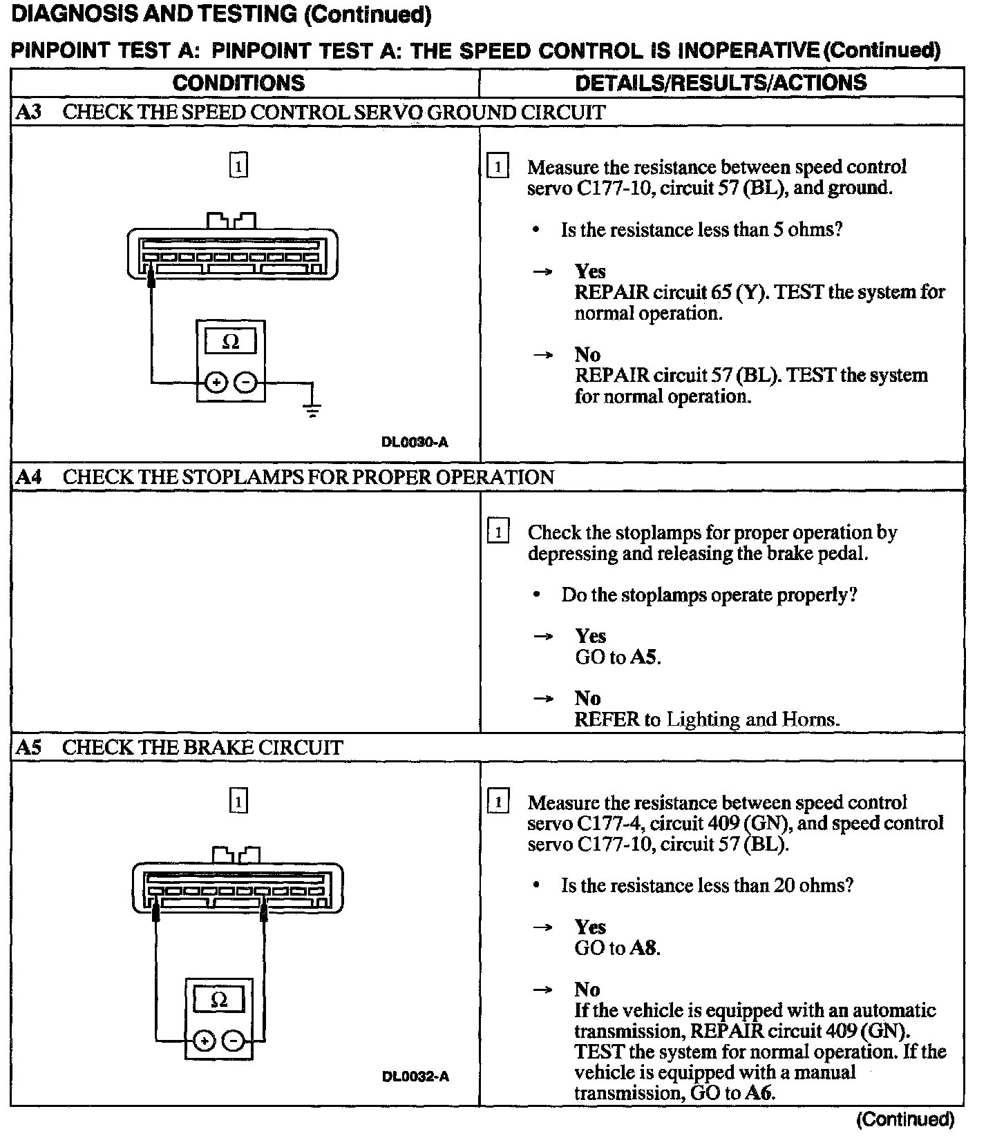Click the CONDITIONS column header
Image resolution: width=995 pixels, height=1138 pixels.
coord(238,83)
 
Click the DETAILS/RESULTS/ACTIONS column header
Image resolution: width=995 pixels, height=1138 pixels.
coord(721,83)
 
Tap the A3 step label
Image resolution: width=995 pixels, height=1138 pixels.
coord(28,112)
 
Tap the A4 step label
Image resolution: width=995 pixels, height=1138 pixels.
coord(28,477)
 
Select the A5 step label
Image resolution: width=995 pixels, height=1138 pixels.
coord(28,747)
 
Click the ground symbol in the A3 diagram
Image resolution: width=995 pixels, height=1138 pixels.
coord(312,410)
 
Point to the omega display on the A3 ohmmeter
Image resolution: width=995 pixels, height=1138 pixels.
coord(231,341)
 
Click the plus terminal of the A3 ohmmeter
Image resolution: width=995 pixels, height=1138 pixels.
coord(216,382)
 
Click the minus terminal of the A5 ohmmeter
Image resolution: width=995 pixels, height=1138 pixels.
coord(235,1041)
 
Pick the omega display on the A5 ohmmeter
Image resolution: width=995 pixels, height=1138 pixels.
coord(219,1000)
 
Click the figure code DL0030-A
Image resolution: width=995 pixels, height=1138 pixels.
coord(415,442)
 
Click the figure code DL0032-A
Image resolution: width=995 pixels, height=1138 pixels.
coord(415,1077)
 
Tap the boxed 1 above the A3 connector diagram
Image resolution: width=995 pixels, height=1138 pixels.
coord(238,166)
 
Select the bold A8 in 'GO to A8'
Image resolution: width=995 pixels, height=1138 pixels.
coord(643,948)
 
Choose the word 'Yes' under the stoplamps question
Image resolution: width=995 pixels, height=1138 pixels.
coord(590,636)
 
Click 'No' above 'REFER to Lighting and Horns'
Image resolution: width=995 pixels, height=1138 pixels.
coord(587,698)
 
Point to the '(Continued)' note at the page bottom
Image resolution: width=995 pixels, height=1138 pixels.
coord(905,1119)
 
